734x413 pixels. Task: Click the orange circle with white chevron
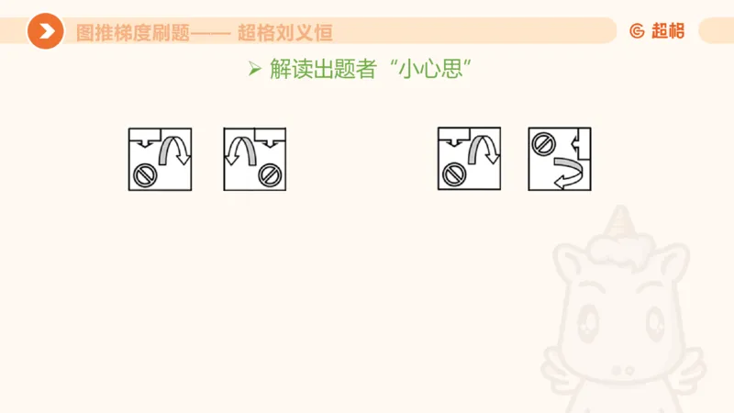click(45, 31)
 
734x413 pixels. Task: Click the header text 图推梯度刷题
click(133, 32)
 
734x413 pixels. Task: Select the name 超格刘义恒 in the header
click(285, 32)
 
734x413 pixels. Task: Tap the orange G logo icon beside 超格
click(638, 30)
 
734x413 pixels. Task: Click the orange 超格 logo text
click(668, 30)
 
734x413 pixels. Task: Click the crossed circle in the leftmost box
click(144, 173)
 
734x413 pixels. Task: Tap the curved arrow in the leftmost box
click(173, 150)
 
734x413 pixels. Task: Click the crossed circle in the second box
click(269, 173)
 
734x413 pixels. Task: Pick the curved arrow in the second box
click(240, 150)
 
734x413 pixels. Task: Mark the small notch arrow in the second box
click(268, 141)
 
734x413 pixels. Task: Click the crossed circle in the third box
click(454, 173)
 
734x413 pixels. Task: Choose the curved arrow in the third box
click(484, 150)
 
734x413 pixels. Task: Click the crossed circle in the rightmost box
click(543, 143)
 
